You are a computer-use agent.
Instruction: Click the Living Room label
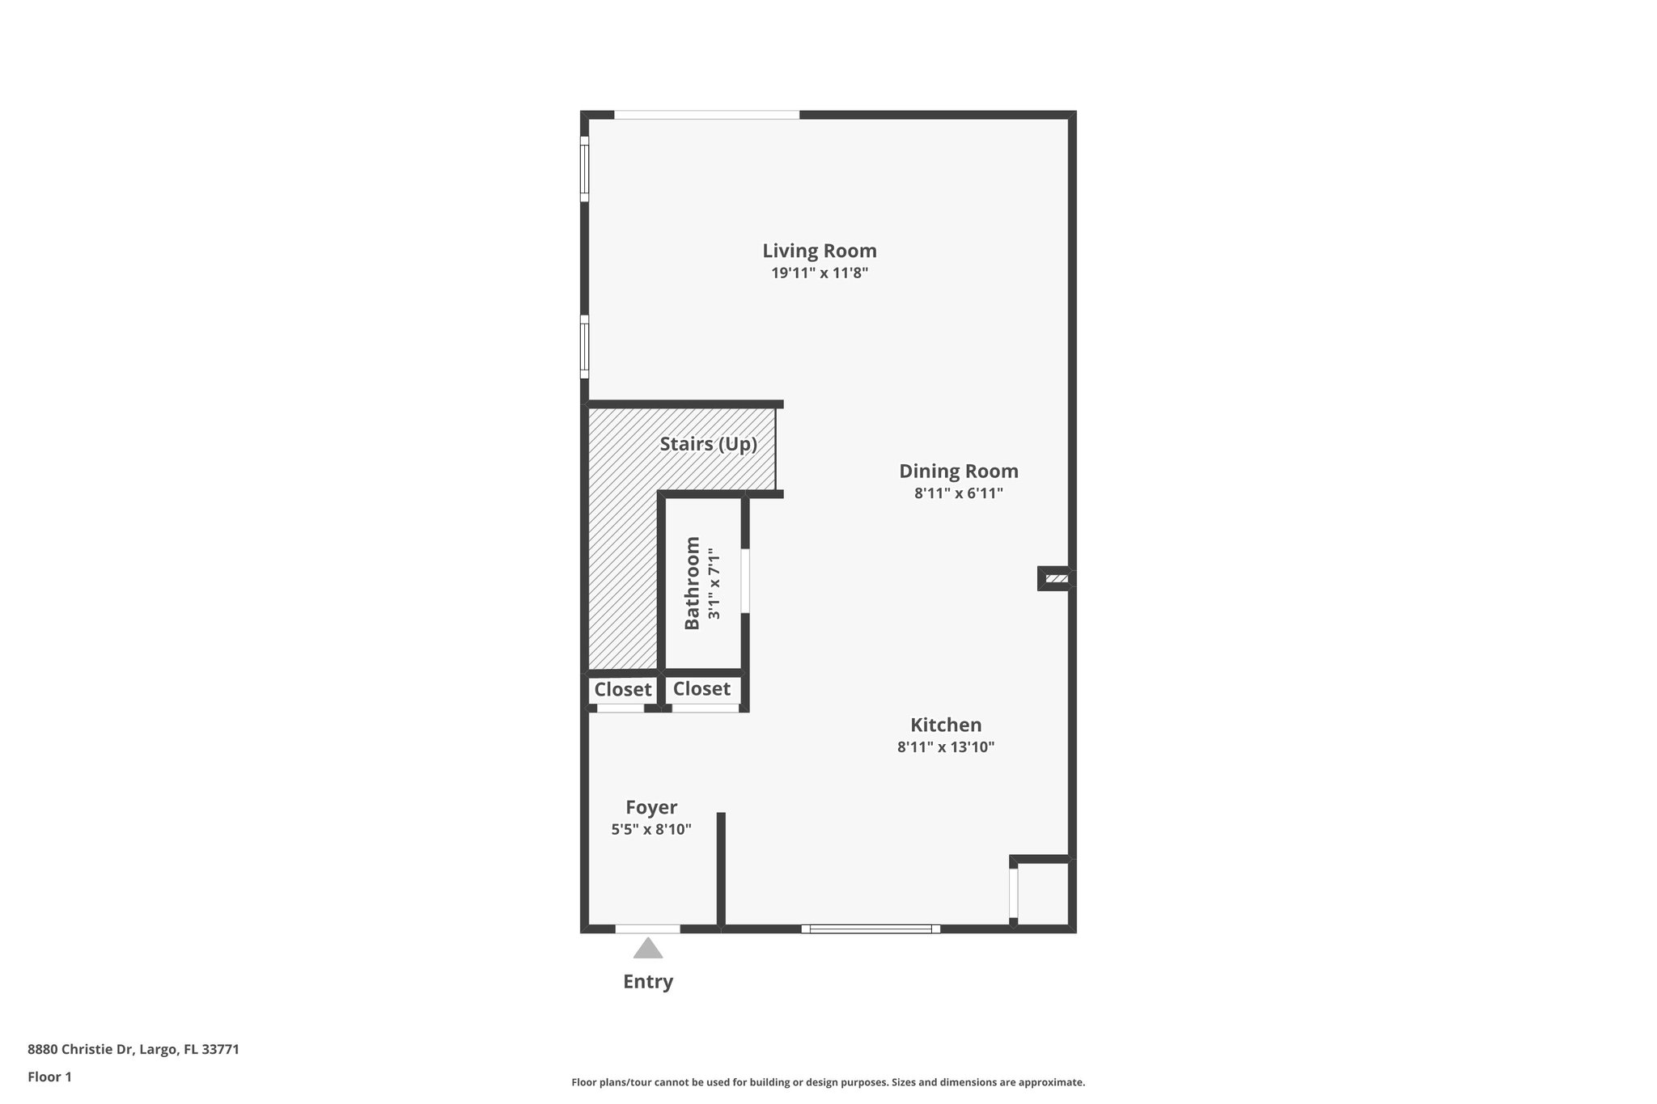pyautogui.click(x=819, y=251)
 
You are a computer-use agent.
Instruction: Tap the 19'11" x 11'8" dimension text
pyautogui.click(x=819, y=273)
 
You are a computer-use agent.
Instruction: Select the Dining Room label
pyautogui.click(x=958, y=471)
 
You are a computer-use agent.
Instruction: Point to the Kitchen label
pyautogui.click(x=945, y=725)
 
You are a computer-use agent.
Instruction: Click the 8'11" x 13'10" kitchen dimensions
pyautogui.click(x=945, y=747)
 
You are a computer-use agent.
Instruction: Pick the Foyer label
pyautogui.click(x=651, y=807)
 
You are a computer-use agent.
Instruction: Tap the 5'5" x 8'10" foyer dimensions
pyautogui.click(x=651, y=829)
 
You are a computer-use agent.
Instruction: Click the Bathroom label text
pyautogui.click(x=692, y=582)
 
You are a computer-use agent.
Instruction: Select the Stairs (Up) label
pyautogui.click(x=708, y=444)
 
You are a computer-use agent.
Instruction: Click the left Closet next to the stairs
pyautogui.click(x=622, y=690)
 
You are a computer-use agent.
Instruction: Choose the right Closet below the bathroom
pyautogui.click(x=701, y=689)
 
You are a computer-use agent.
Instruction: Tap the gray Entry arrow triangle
pyautogui.click(x=647, y=949)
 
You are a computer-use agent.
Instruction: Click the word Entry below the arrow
pyautogui.click(x=647, y=982)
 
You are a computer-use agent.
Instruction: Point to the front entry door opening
pyautogui.click(x=647, y=928)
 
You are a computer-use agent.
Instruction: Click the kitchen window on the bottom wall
pyautogui.click(x=871, y=928)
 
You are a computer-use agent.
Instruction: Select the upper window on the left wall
pyautogui.click(x=584, y=168)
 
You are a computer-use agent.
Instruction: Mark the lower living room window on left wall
pyautogui.click(x=584, y=346)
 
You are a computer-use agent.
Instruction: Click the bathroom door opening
pyautogui.click(x=745, y=581)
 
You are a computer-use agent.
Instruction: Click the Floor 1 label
pyautogui.click(x=49, y=1077)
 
